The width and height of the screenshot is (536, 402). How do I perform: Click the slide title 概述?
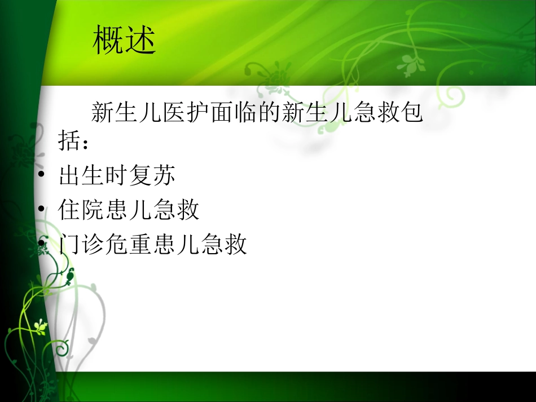[x=124, y=41]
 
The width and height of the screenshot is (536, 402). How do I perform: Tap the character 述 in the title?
[x=140, y=41]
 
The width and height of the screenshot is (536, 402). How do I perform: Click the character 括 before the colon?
[x=69, y=141]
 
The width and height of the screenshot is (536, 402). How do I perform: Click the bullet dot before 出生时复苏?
[x=41, y=177]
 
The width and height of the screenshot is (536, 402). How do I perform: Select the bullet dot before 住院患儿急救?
[x=41, y=211]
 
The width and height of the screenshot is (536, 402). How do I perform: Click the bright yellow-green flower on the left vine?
[x=39, y=326]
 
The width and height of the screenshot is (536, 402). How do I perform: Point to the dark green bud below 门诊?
[x=71, y=276]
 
